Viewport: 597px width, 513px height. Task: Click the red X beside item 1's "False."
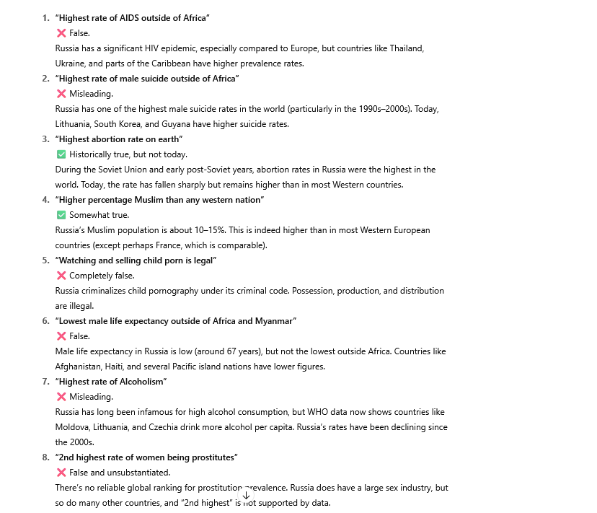point(61,33)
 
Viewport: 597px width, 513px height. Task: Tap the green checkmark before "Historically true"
point(61,154)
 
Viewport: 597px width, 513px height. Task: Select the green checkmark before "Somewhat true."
point(61,215)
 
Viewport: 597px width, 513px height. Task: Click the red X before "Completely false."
point(61,276)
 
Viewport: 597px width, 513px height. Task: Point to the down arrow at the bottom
point(246,495)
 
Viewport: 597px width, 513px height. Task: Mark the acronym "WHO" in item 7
point(319,412)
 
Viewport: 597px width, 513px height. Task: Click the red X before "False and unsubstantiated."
point(61,473)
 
